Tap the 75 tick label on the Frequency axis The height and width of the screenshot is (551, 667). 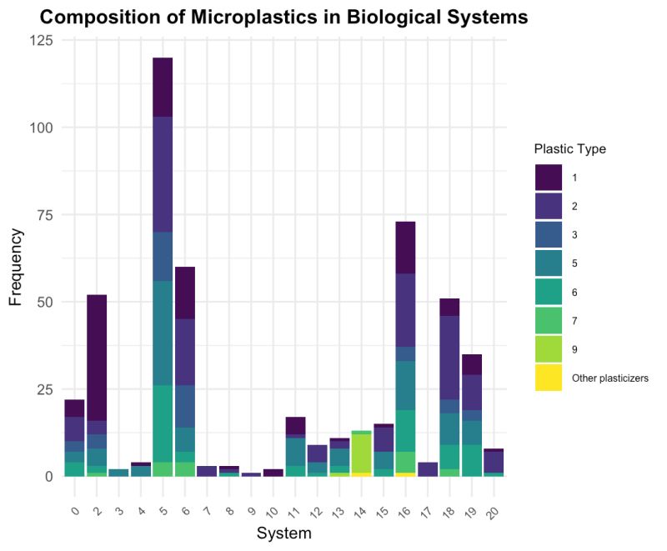pyautogui.click(x=44, y=215)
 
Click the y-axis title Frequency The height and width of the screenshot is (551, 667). pyautogui.click(x=16, y=267)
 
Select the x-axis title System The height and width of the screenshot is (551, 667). pyautogui.click(x=284, y=533)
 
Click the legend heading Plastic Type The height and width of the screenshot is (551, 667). pyautogui.click(x=569, y=149)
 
